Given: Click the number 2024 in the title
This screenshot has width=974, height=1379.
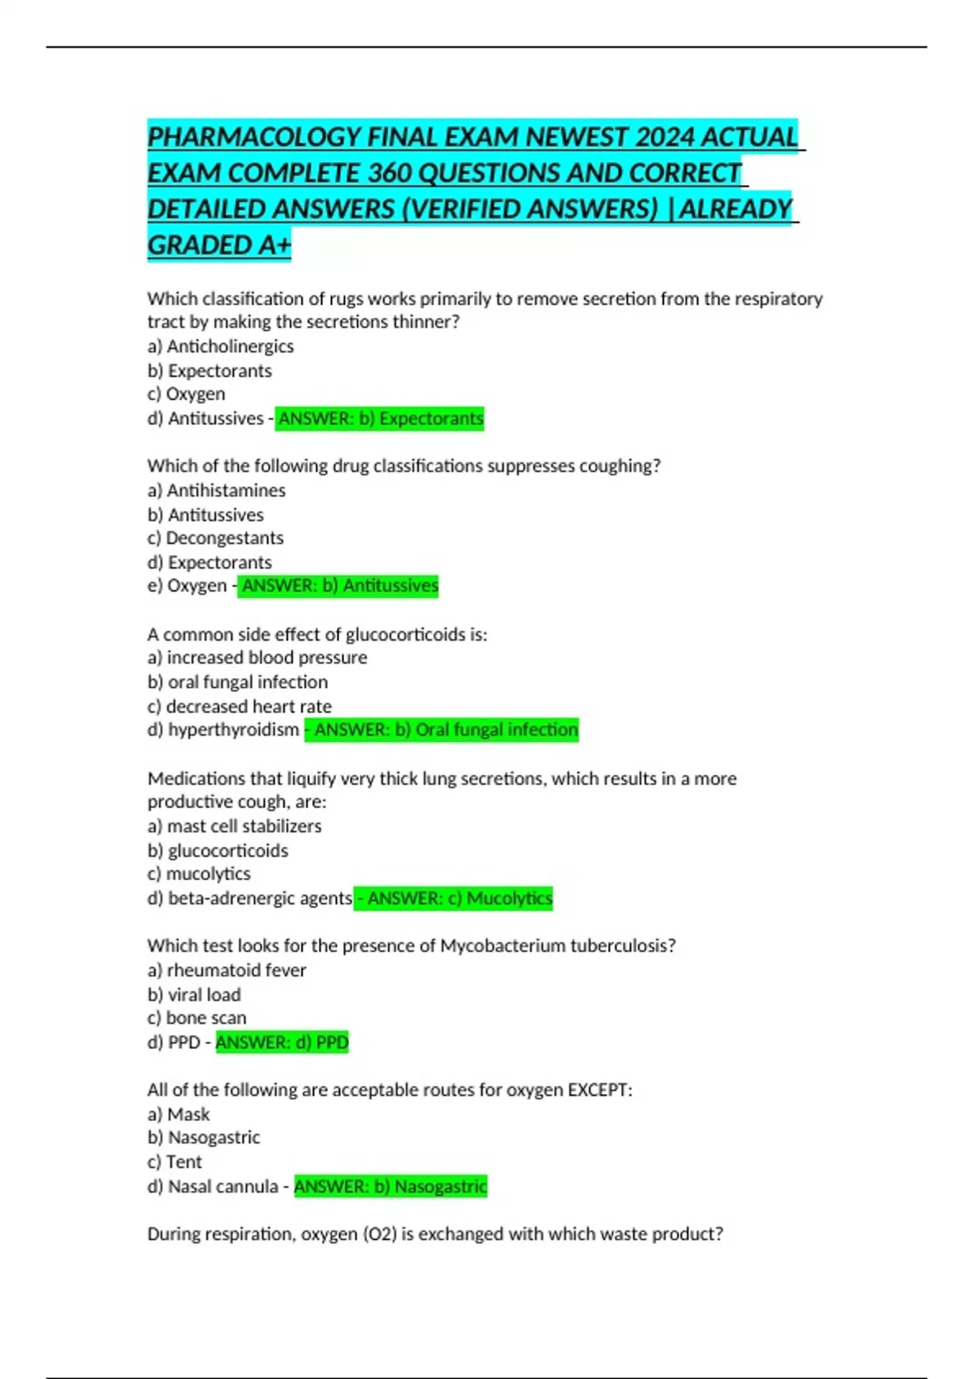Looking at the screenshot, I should coord(664,137).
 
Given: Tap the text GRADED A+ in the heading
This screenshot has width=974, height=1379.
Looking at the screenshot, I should coord(219,245).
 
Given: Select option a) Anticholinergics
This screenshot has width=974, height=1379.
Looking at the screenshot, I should coord(221,346).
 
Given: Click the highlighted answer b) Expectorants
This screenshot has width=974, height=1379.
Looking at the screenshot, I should coord(380,419).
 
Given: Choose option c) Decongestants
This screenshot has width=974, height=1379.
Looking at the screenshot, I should coord(215,538).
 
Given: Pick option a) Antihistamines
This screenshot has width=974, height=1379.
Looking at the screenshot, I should coord(217,491).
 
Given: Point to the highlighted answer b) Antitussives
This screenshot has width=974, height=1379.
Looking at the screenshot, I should coord(338,586).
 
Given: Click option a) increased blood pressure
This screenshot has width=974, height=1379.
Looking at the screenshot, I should coord(257,658).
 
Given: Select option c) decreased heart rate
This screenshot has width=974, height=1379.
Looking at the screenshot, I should coord(239,707).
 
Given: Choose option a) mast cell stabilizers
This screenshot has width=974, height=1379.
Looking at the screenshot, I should coord(235,827).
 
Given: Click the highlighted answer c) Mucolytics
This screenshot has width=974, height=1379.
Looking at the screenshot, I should coord(455,899).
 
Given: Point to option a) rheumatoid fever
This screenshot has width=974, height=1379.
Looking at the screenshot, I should coord(227,970).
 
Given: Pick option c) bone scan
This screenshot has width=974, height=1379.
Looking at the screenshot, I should coord(197,1018).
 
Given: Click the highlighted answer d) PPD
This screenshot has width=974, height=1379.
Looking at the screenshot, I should coord(282,1042).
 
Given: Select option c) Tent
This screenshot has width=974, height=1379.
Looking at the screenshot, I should coord(175,1162).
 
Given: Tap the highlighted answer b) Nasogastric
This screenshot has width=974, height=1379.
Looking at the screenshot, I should coord(390,1187).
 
